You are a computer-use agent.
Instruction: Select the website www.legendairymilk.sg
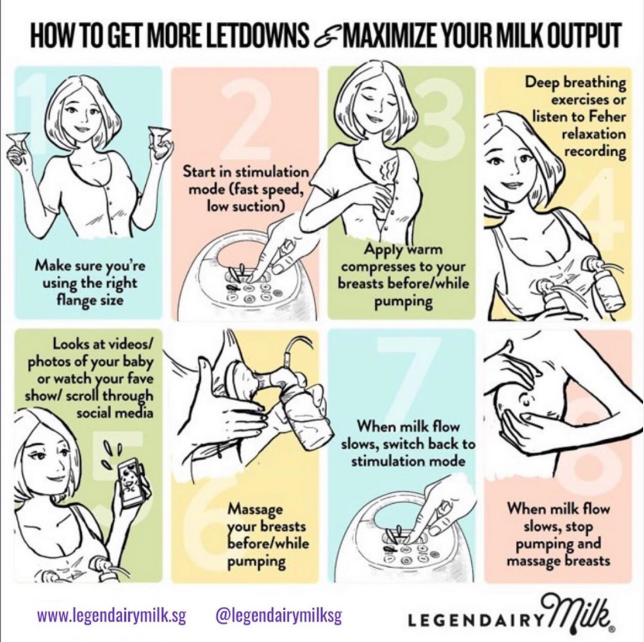112,616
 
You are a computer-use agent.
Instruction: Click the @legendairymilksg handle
279,616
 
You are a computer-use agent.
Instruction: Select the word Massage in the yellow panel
255,509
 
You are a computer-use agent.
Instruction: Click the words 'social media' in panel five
115,412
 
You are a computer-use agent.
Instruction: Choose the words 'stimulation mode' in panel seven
408,461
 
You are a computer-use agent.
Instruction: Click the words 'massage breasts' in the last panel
559,561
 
